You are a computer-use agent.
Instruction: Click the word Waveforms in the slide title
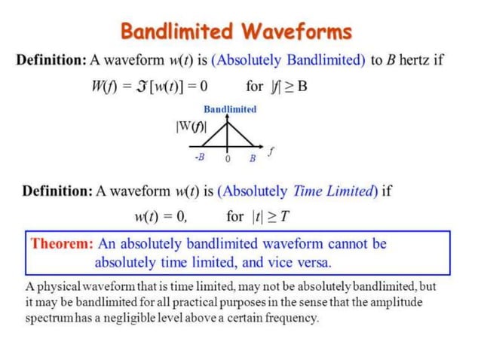(296, 32)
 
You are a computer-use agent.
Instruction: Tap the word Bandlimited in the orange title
(178, 32)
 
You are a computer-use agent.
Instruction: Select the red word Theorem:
(63, 244)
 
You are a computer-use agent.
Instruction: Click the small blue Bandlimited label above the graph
(230, 109)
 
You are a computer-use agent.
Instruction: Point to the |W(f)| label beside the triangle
(190, 126)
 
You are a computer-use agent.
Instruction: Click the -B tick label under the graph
(199, 157)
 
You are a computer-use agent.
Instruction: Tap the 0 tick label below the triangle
(227, 159)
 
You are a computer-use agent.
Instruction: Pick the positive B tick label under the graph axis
(253, 158)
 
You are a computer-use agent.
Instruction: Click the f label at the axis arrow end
(271, 151)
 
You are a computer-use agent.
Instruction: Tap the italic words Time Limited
(332, 191)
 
